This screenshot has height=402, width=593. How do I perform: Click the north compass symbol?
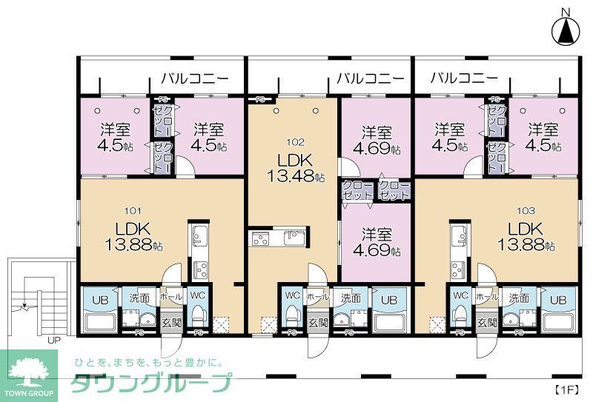[566, 29]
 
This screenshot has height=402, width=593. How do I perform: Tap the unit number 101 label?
[133, 210]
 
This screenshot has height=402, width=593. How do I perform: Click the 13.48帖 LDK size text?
[296, 177]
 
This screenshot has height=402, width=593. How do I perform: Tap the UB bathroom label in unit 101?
[99, 299]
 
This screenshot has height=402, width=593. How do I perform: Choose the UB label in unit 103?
[557, 299]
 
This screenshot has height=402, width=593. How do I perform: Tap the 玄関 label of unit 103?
[487, 323]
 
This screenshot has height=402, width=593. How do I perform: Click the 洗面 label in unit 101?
[139, 298]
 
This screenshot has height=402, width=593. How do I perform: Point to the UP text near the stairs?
[54, 341]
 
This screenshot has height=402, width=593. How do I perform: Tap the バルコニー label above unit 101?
[194, 78]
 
